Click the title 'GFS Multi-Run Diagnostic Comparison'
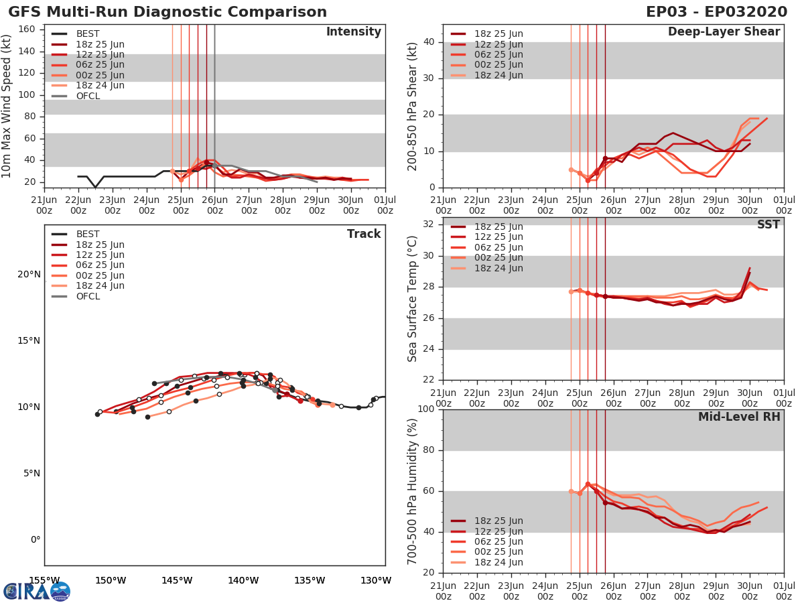point(167,12)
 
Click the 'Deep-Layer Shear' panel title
point(724,32)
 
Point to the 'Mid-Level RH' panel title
point(739,417)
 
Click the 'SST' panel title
point(768,224)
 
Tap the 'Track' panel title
point(364,234)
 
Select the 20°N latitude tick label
point(28,274)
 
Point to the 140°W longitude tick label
point(243,580)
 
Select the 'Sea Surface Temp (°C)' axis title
point(413,299)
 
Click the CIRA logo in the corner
point(36,591)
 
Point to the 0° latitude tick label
point(35,539)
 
